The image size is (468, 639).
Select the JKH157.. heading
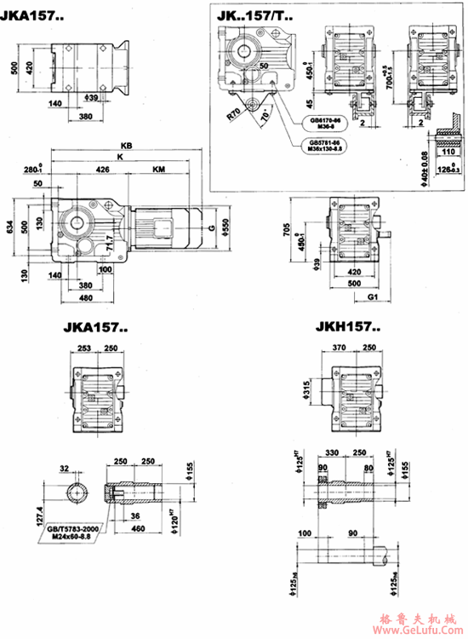[x=348, y=326]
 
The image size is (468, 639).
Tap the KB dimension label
[x=127, y=146]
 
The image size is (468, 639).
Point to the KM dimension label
[x=158, y=170]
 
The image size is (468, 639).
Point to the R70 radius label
[x=234, y=111]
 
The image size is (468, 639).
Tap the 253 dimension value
[x=83, y=348]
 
